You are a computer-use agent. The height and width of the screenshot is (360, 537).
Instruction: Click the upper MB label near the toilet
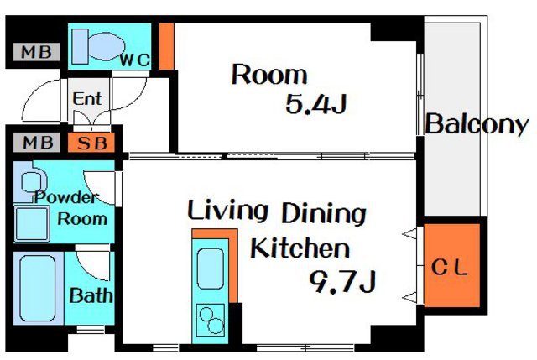[37, 52]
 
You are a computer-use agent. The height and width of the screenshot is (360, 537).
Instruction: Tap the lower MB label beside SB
[37, 143]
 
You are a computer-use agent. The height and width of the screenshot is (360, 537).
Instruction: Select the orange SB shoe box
[91, 143]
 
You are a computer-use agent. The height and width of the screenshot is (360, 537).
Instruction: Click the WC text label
[134, 60]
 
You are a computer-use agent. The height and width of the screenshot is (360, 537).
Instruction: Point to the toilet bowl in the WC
[107, 47]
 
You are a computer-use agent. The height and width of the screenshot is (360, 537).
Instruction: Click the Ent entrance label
[87, 99]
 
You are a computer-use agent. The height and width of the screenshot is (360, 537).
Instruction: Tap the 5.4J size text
[315, 104]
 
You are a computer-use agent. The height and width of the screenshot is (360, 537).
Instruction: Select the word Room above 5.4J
[269, 75]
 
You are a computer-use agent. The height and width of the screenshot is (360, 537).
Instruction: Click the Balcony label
[477, 124]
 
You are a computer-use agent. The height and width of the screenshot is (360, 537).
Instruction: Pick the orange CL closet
[452, 265]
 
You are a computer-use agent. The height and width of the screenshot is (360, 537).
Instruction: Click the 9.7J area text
[343, 281]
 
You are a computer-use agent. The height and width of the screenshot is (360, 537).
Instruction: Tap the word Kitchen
[300, 248]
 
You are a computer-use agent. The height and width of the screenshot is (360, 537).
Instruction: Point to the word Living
[227, 211]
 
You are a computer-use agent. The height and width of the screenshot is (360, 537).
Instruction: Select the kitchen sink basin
[211, 269]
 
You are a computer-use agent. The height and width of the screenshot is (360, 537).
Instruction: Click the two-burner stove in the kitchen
[211, 320]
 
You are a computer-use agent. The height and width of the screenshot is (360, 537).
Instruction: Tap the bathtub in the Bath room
[38, 289]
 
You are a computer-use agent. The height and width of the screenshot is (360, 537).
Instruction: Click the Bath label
[91, 295]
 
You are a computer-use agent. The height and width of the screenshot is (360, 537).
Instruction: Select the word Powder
[67, 197]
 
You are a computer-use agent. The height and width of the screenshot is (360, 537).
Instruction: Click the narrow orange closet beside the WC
[167, 47]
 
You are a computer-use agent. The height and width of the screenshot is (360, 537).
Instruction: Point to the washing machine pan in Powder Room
[31, 224]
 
